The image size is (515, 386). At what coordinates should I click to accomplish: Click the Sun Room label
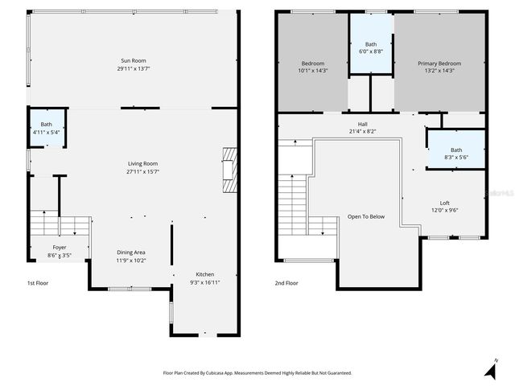click(x=134, y=60)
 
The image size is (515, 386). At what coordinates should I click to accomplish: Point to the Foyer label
click(x=60, y=247)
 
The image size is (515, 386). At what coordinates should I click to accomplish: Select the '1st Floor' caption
click(x=37, y=283)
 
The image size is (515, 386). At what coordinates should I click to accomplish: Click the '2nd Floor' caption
click(x=287, y=283)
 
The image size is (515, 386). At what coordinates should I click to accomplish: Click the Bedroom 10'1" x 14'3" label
click(x=313, y=67)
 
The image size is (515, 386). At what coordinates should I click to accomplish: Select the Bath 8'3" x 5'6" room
click(x=456, y=154)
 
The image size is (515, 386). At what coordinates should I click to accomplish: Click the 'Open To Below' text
click(x=365, y=216)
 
